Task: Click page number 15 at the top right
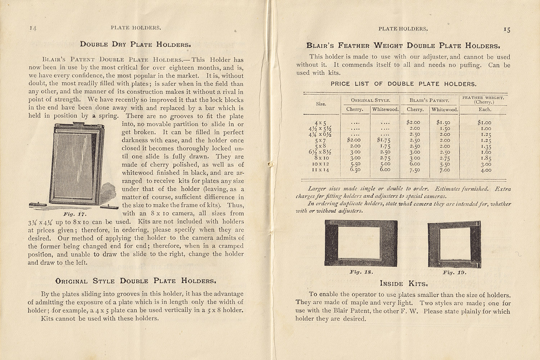point(507,30)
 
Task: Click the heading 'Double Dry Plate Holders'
point(135,45)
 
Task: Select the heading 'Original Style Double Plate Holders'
point(136,281)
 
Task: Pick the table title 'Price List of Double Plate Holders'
point(404,84)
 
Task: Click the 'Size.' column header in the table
point(321,104)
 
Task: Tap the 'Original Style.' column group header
point(370,100)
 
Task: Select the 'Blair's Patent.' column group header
point(429,100)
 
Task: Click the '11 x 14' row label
point(321,170)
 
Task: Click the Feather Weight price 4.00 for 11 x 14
point(486,170)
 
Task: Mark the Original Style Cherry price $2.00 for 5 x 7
point(354,140)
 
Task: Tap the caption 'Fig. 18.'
point(361,272)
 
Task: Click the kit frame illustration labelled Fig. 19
point(454,245)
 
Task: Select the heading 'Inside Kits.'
point(404,284)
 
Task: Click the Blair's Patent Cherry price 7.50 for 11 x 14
point(415,170)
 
